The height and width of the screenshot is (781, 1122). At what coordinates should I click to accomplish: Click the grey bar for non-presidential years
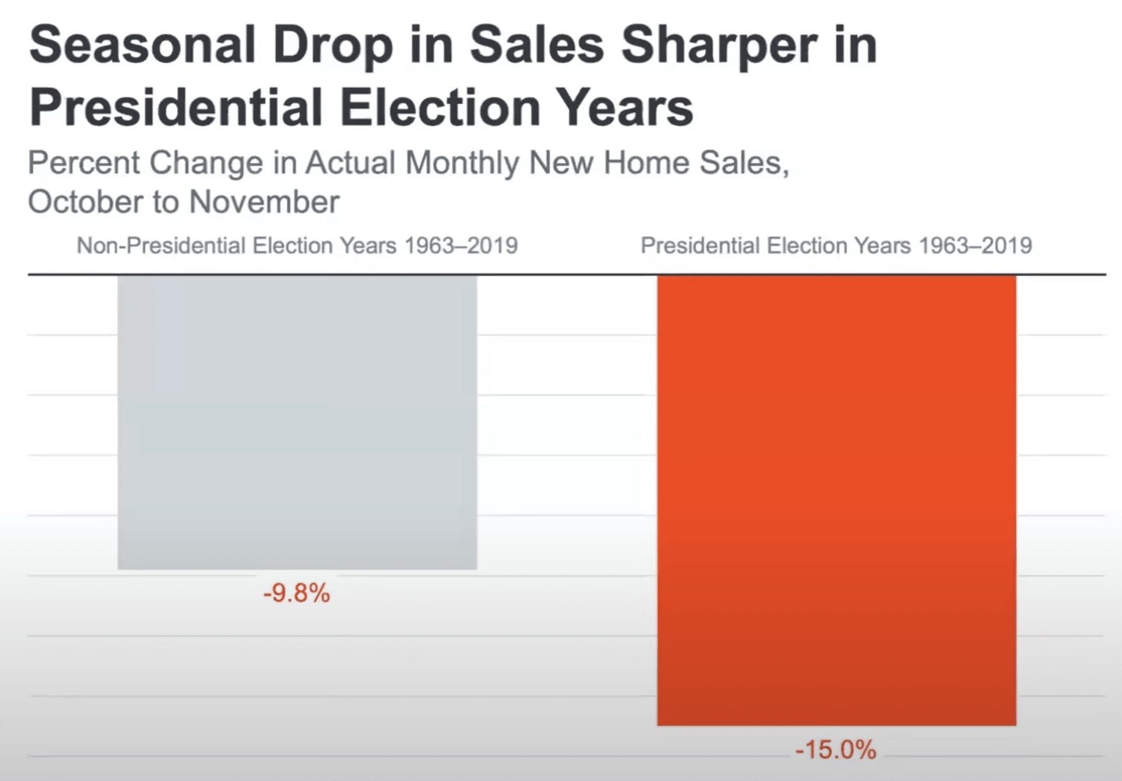[297, 422]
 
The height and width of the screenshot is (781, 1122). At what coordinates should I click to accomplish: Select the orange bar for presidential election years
[836, 500]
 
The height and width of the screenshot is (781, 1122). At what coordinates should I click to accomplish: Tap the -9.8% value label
[297, 594]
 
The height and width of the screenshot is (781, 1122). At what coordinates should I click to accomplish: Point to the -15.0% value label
[835, 750]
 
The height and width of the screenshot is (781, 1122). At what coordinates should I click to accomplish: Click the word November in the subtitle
[264, 202]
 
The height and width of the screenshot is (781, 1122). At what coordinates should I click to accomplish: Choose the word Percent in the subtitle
[84, 163]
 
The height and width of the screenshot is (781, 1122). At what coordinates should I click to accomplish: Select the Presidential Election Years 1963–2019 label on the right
[836, 245]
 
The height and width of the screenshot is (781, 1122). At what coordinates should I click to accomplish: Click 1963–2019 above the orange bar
[975, 245]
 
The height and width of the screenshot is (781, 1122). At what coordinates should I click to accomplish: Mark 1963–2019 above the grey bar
[461, 245]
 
